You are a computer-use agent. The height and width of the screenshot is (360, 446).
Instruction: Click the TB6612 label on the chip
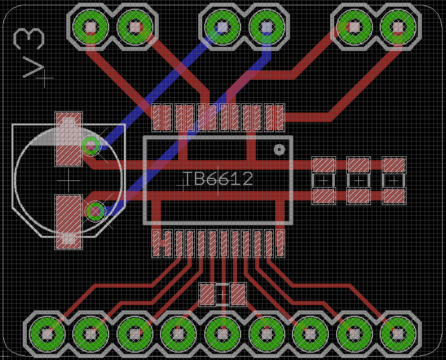[x=218, y=179]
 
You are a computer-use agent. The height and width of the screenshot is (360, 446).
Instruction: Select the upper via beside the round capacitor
[x=90, y=144]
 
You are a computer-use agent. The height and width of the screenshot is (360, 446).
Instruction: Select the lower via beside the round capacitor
[x=95, y=211]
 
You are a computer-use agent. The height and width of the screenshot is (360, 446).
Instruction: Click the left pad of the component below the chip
[x=208, y=293]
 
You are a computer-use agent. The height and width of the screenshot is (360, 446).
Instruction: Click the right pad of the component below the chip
[x=238, y=293]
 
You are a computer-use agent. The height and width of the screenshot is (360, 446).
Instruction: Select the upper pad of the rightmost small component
[x=394, y=164]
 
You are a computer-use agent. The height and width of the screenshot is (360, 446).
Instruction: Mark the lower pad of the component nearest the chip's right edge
[x=324, y=196]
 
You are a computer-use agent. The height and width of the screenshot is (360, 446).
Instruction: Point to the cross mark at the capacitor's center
[x=68, y=180]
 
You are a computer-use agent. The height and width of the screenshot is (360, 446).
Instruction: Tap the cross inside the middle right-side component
[x=359, y=180]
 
